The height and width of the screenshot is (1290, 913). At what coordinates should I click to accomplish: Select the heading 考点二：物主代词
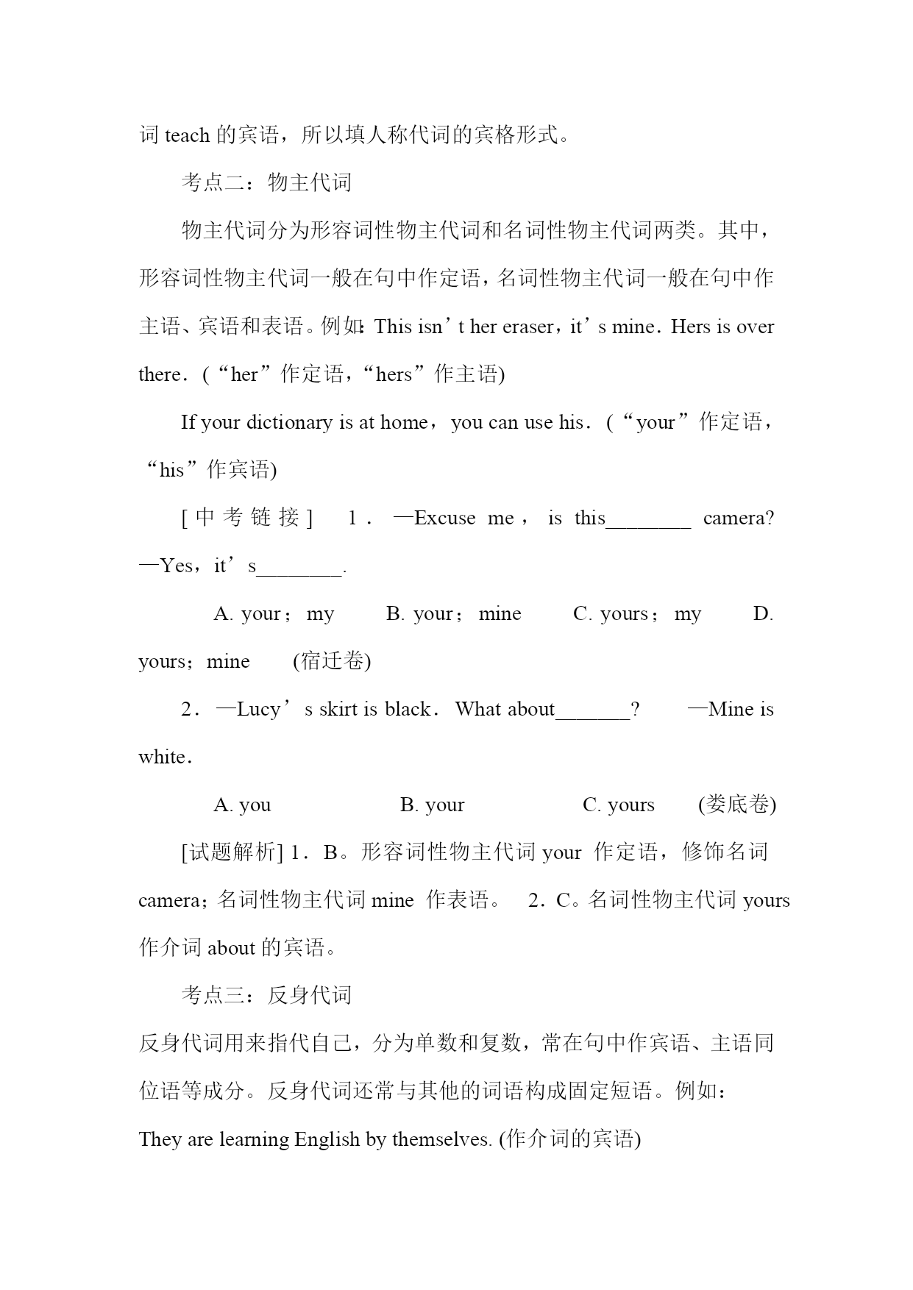pos(266,183)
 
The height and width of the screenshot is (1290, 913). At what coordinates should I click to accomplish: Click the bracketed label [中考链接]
pos(247,518)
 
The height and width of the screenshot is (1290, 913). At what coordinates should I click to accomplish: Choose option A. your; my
pos(274,614)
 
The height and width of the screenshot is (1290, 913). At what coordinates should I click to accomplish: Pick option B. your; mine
pos(453,614)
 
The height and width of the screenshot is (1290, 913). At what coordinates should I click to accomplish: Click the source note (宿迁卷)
pos(332,662)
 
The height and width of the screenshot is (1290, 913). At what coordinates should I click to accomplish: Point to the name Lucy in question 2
pos(258,710)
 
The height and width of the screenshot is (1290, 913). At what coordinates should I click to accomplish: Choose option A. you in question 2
pos(242,805)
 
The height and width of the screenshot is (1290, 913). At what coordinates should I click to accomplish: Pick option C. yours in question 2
pos(618,805)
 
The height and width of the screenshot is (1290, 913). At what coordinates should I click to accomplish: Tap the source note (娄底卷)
pos(737,805)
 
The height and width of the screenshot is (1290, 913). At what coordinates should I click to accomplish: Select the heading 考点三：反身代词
pos(266,996)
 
